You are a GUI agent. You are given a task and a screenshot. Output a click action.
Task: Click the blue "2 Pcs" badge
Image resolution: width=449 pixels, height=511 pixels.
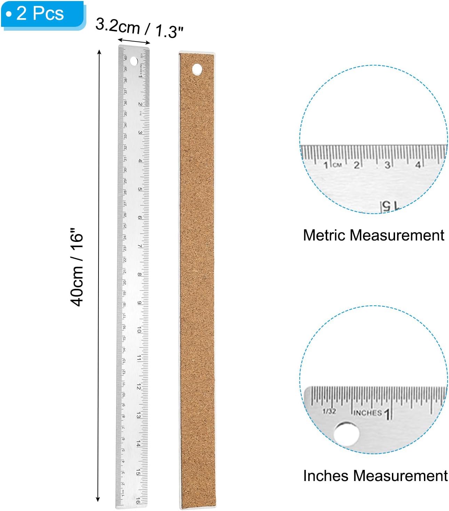point(42,14)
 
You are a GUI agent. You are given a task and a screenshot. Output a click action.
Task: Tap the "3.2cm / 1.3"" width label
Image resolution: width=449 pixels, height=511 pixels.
point(139,28)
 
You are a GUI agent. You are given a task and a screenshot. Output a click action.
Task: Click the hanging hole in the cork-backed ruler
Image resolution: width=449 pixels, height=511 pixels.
point(197,69)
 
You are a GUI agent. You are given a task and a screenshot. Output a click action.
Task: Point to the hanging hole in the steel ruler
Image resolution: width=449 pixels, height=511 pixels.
point(134,61)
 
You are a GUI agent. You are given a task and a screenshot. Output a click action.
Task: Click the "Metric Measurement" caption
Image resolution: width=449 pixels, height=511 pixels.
point(373,235)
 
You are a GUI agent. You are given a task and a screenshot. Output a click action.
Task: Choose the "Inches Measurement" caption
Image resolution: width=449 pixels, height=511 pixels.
point(375,476)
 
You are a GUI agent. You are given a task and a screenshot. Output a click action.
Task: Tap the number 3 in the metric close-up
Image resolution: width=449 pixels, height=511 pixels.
point(387,165)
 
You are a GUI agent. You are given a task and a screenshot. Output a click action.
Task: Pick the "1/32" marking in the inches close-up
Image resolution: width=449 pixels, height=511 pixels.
point(329,411)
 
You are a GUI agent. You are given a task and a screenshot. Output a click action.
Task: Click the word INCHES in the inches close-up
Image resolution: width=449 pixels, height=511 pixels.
point(368,413)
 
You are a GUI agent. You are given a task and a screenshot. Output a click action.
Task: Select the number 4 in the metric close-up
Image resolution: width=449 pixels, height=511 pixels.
point(418,165)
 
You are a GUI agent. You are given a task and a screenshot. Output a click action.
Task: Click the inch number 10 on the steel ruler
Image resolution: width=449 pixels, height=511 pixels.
point(139,329)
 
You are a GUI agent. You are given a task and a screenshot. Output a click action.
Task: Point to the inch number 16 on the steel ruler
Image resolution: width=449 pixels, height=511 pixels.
point(138,501)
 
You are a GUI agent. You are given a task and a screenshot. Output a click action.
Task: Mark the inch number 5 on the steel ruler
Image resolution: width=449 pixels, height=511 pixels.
point(140,189)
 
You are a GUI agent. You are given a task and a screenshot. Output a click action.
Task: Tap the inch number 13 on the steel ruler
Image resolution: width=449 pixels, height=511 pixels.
point(139,415)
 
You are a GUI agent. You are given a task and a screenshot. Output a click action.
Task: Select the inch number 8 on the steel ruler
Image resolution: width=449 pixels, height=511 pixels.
point(140,274)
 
